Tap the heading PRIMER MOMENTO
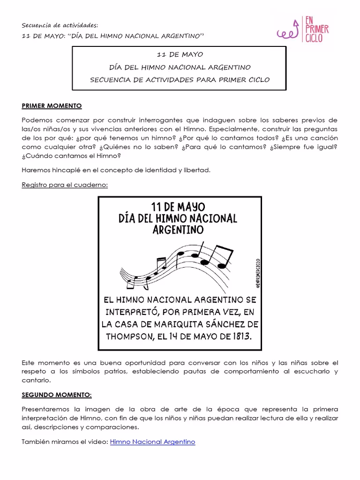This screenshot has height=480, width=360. tap(52, 106)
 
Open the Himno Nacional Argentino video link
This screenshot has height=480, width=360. tap(152, 442)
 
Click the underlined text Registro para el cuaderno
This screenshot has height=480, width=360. tap(65, 185)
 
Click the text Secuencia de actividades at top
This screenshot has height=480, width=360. tap(60, 25)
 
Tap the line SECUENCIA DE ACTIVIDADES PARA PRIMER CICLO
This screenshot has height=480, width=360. tap(180, 80)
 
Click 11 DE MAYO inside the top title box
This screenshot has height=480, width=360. tap(180, 55)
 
